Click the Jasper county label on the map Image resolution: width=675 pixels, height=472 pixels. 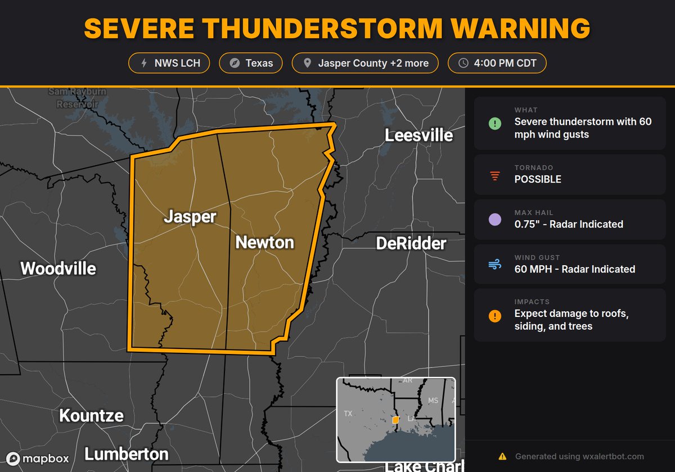coord(190,217)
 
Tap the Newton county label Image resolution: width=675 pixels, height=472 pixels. coord(264,242)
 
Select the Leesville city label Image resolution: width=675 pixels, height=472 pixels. coord(418,135)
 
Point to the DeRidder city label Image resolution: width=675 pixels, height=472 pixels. coord(411,243)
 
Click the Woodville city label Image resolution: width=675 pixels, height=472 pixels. coord(58,269)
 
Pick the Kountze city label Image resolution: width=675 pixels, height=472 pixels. coord(91,416)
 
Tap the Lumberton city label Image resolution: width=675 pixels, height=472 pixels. coord(126,453)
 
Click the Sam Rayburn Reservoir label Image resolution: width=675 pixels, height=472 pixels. coord(73,98)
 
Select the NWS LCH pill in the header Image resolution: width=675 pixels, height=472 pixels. coord(169,63)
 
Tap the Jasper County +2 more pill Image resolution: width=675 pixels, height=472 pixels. coord(366,63)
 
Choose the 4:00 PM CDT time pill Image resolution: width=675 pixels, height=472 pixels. coord(497,63)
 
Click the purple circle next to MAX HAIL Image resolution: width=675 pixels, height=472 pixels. coord(494,219)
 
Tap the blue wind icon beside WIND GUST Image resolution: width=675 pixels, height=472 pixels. coord(494,264)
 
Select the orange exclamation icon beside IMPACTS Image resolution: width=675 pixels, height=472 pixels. coord(494,316)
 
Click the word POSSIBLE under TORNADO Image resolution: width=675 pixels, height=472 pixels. coord(538,179)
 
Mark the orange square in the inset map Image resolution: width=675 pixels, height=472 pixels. coord(395,420)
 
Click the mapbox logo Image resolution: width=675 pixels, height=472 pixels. coord(38,459)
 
